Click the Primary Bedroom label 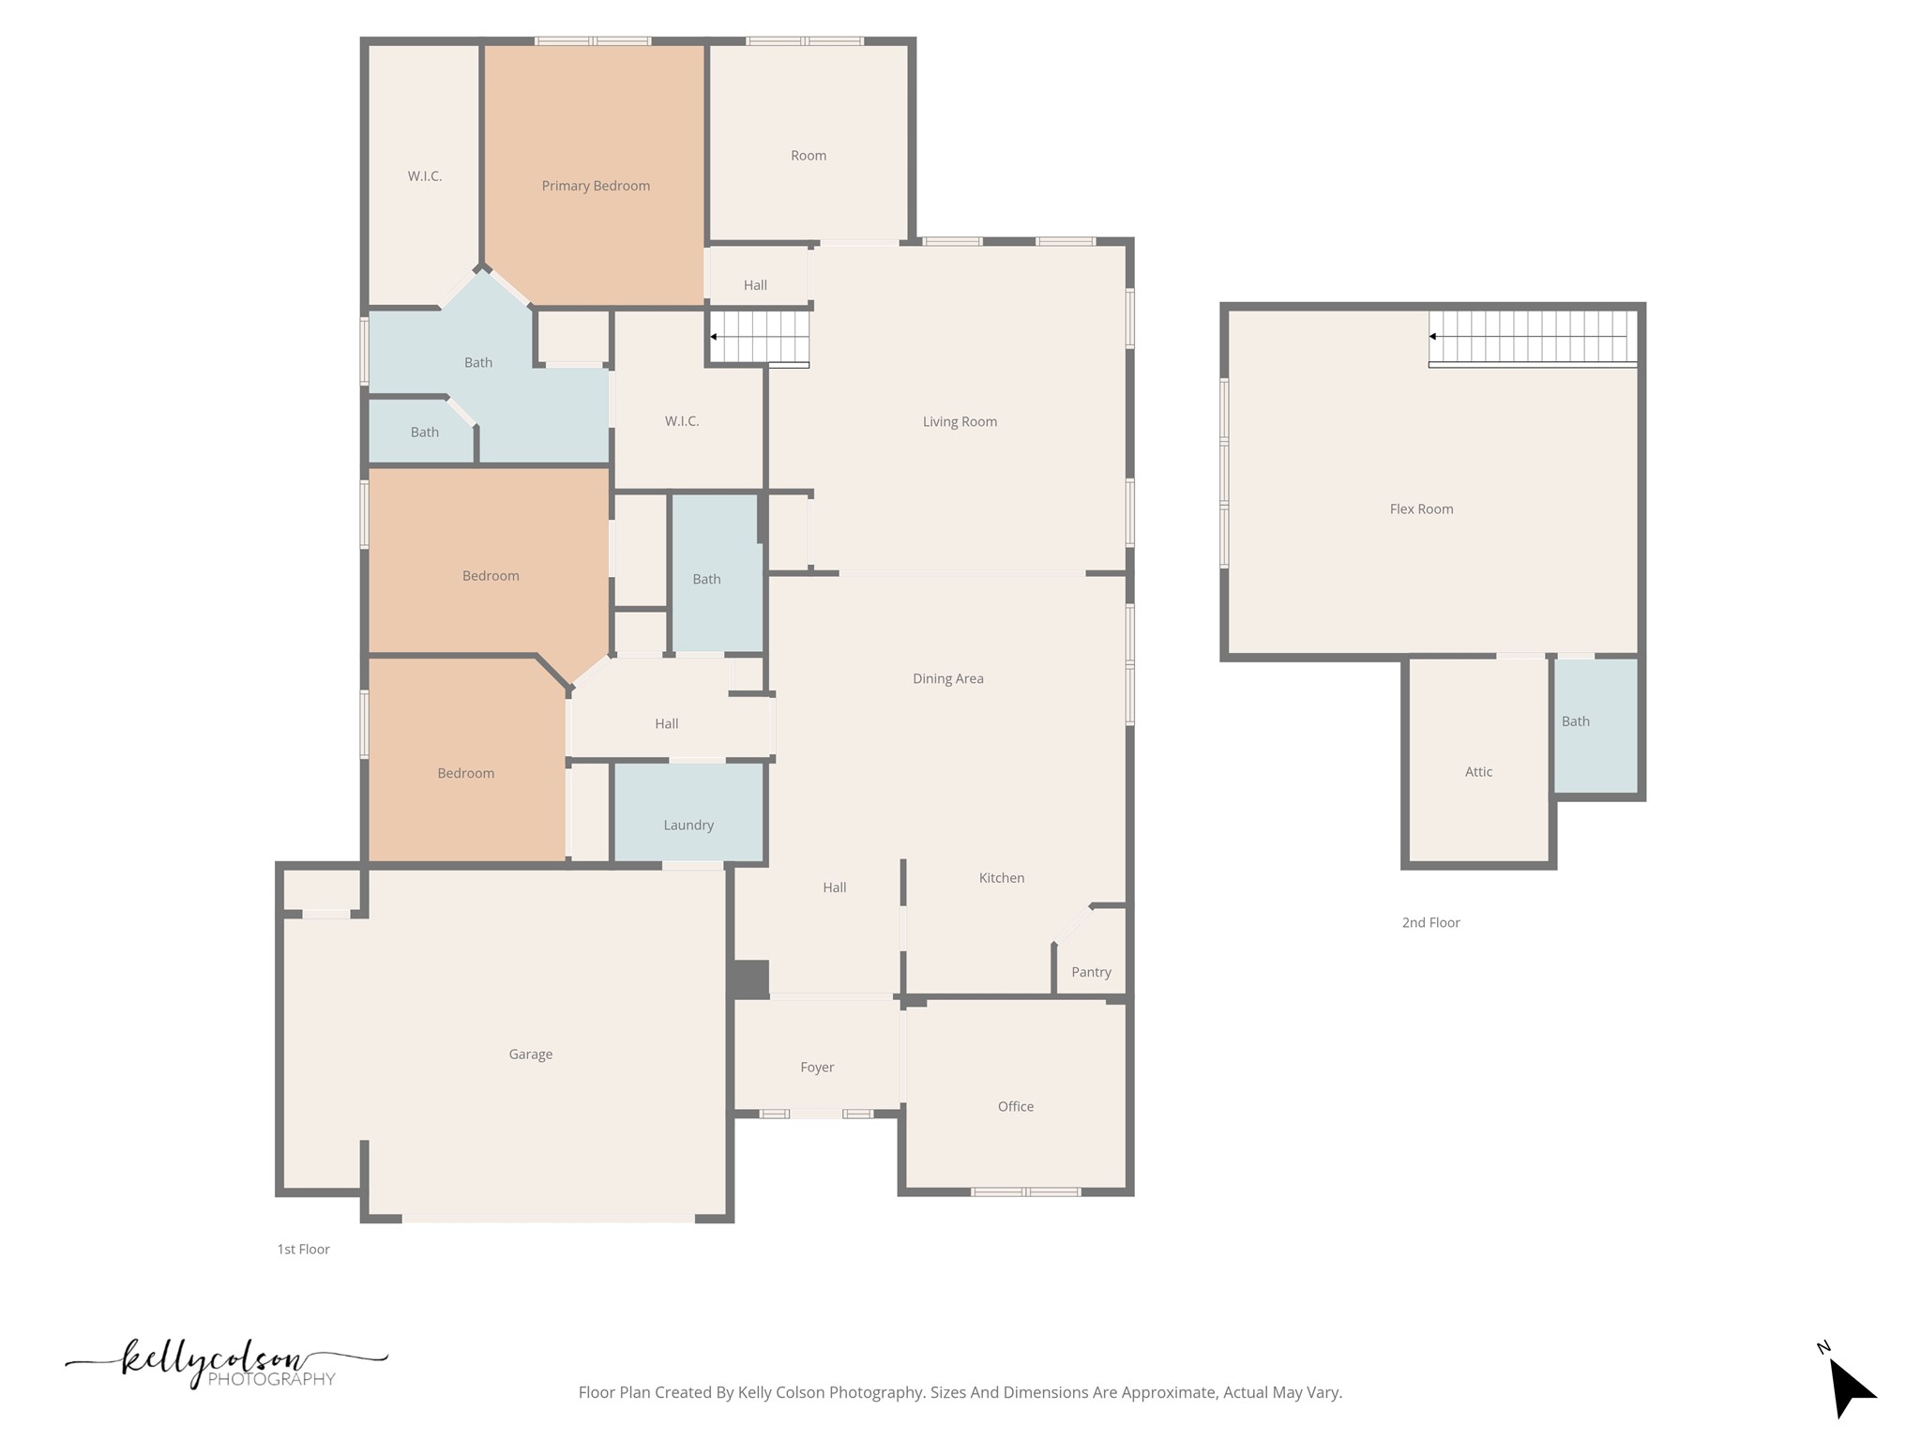click(596, 186)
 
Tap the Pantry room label click(1091, 972)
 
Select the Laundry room click(688, 825)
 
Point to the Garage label click(530, 1054)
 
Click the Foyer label click(817, 1067)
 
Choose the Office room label click(1015, 1106)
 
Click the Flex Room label click(1421, 508)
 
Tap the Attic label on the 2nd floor click(1478, 771)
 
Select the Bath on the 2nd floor click(1576, 720)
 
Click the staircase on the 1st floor click(760, 337)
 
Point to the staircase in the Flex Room click(1533, 337)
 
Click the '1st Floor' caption click(303, 1249)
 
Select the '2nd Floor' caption click(1430, 922)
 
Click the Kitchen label click(1001, 877)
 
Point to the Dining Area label click(947, 678)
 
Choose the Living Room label click(959, 421)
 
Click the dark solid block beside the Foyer click(749, 978)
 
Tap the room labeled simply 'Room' click(808, 156)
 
